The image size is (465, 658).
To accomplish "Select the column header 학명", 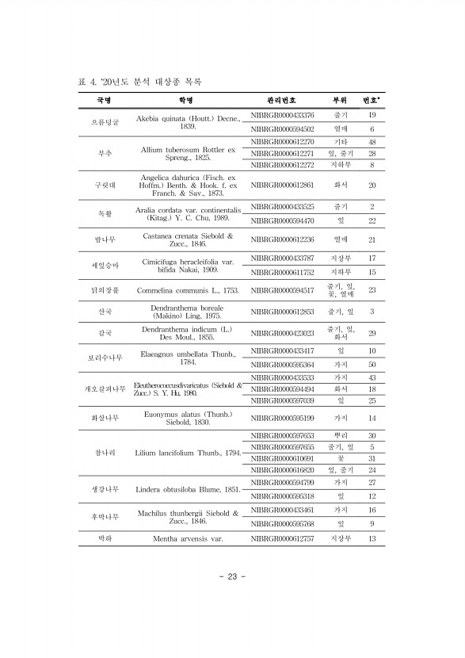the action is click(186, 101).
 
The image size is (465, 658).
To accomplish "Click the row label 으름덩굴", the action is click(104, 122).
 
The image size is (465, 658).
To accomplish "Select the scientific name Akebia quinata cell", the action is click(187, 122).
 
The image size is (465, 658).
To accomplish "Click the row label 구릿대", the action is click(104, 185).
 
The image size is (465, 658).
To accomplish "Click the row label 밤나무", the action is click(104, 239).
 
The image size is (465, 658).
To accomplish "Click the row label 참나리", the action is click(104, 453).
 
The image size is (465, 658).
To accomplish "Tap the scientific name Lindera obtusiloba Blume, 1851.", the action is click(187, 489).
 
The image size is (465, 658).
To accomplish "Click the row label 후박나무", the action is click(104, 517).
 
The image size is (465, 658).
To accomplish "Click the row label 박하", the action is click(104, 539).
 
